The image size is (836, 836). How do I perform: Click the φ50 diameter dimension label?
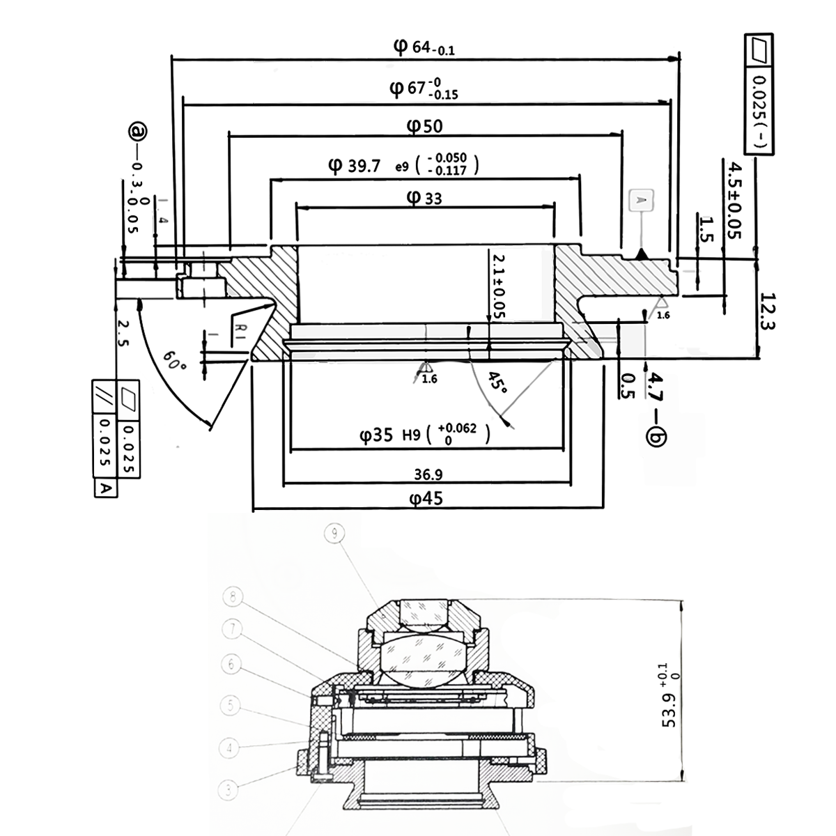pos(425,126)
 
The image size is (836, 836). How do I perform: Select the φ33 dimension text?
pos(424,199)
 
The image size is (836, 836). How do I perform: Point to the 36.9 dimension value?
pos(428,474)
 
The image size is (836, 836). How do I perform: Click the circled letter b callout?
pos(656,437)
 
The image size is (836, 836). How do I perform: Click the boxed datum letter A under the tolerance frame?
pos(105,488)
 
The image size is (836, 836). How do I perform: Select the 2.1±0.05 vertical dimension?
pos(499,286)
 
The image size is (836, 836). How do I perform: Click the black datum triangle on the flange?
pos(642,255)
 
